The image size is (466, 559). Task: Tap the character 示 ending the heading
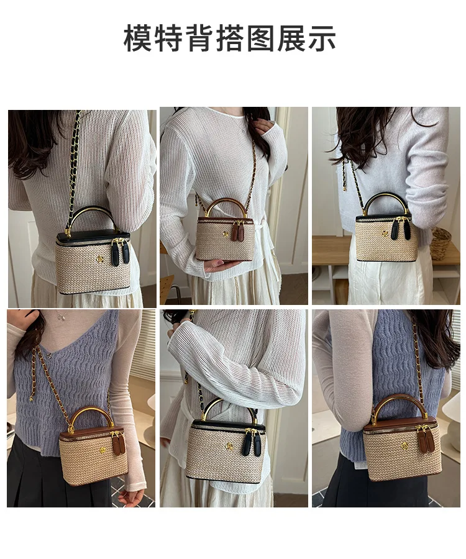click(x=321, y=38)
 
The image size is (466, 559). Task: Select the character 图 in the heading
click(x=260, y=38)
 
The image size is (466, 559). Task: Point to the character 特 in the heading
click(x=168, y=38)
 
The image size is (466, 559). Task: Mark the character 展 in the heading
click(x=291, y=38)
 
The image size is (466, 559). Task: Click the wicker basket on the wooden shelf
click(x=441, y=243)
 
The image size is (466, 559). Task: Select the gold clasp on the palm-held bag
click(x=225, y=234)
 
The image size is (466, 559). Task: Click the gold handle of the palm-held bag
click(x=226, y=206)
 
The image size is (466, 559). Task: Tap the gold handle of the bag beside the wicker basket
click(x=385, y=202)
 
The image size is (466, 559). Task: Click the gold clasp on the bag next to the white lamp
click(x=404, y=445)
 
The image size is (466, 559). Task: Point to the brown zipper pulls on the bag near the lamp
click(x=426, y=439)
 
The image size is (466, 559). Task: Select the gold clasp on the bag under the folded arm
click(x=230, y=445)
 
